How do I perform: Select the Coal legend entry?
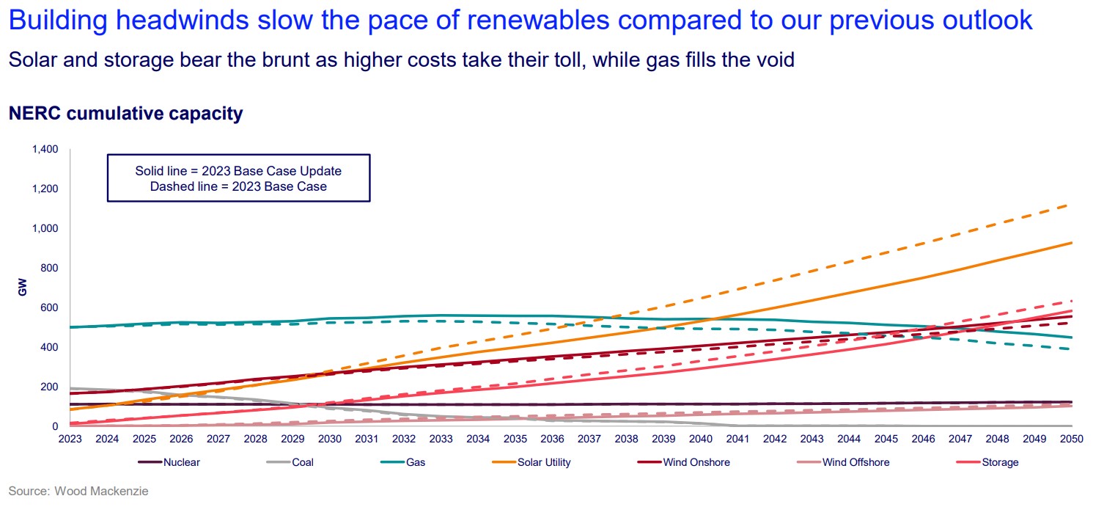click(x=301, y=462)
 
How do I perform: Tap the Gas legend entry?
click(x=416, y=462)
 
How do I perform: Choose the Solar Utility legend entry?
click(x=544, y=462)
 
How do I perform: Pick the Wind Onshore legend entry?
click(x=696, y=462)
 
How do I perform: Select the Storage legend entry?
click(x=999, y=462)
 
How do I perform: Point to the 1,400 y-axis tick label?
click(x=45, y=150)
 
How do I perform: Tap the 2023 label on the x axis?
click(x=70, y=439)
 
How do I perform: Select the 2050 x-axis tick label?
click(x=1072, y=439)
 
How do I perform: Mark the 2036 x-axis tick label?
click(x=552, y=439)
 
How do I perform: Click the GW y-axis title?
click(x=22, y=288)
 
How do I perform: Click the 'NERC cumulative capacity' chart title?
click(x=125, y=114)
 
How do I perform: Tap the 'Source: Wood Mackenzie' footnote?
click(x=78, y=491)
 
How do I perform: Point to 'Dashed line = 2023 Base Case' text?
click(x=238, y=186)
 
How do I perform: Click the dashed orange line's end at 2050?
click(x=1070, y=205)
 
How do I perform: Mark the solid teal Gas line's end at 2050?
click(x=1071, y=338)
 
